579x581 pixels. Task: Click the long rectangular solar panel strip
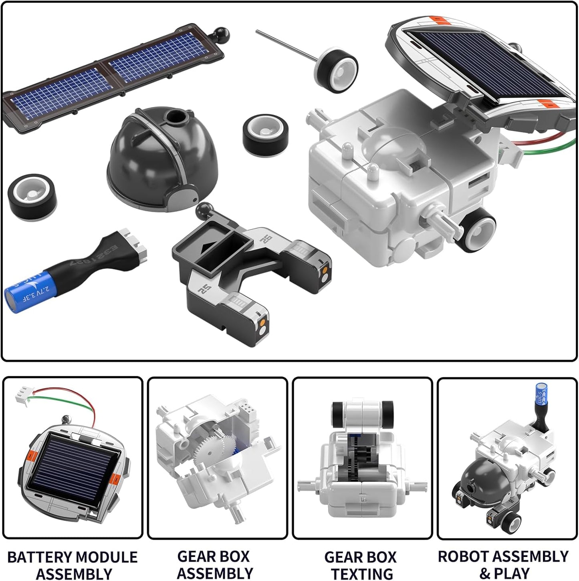112,78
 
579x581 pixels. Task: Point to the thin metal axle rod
286,46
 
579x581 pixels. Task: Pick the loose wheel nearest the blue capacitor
32,197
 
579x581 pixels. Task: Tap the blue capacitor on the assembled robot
541,394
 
